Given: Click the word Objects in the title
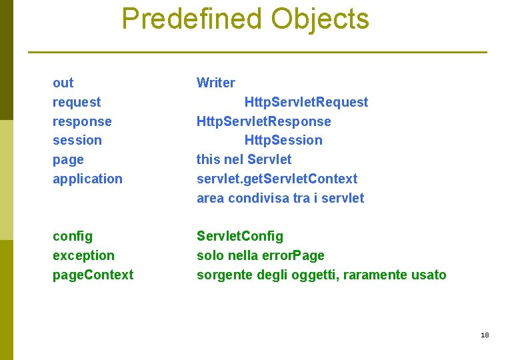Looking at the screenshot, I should point(319,19).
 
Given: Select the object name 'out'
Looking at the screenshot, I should point(63,83).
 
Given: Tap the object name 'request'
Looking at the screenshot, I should point(77,102).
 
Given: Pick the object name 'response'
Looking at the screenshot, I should point(82,121).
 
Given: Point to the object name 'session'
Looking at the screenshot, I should point(77,140).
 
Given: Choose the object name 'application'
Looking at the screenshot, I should point(87,179).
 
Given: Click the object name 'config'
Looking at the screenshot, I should point(73,236).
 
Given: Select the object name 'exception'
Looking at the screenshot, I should point(83,255).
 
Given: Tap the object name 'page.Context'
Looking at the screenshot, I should point(93,275).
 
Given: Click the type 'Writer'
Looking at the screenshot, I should point(215,83).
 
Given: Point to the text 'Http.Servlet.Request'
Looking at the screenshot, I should point(306,102).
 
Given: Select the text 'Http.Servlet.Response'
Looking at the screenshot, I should point(263,121).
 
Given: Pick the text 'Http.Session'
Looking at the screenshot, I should point(283,140).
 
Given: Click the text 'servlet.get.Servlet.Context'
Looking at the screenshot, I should point(277,179).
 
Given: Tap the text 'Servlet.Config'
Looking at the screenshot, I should point(239,236).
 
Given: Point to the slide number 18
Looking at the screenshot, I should point(485,335).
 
